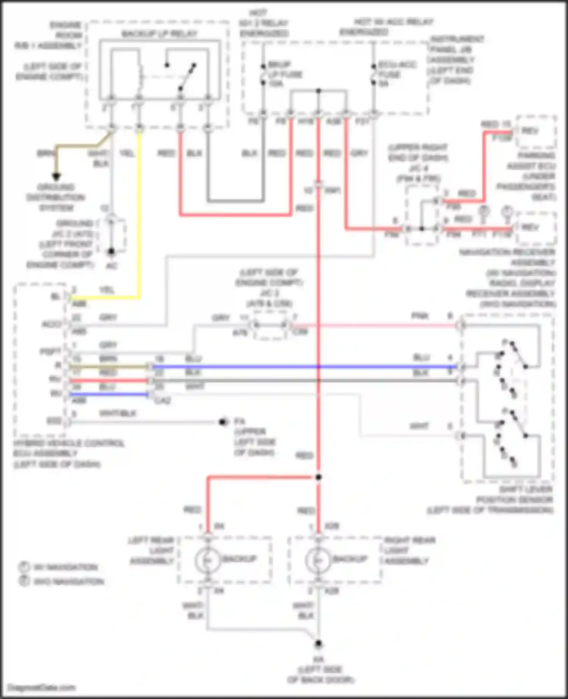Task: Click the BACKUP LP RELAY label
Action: click(x=159, y=34)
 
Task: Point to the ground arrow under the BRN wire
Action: click(x=56, y=176)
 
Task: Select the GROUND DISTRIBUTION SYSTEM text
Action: click(x=56, y=197)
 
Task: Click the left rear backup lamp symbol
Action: click(x=208, y=560)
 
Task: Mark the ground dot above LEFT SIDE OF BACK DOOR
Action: click(x=318, y=643)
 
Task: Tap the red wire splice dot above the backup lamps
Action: click(x=318, y=477)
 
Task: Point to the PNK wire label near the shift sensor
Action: click(x=420, y=316)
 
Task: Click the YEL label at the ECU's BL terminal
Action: click(x=107, y=290)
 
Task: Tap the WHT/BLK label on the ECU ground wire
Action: click(x=117, y=413)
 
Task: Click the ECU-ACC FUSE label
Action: click(x=397, y=70)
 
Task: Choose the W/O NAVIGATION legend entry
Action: click(x=69, y=581)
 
